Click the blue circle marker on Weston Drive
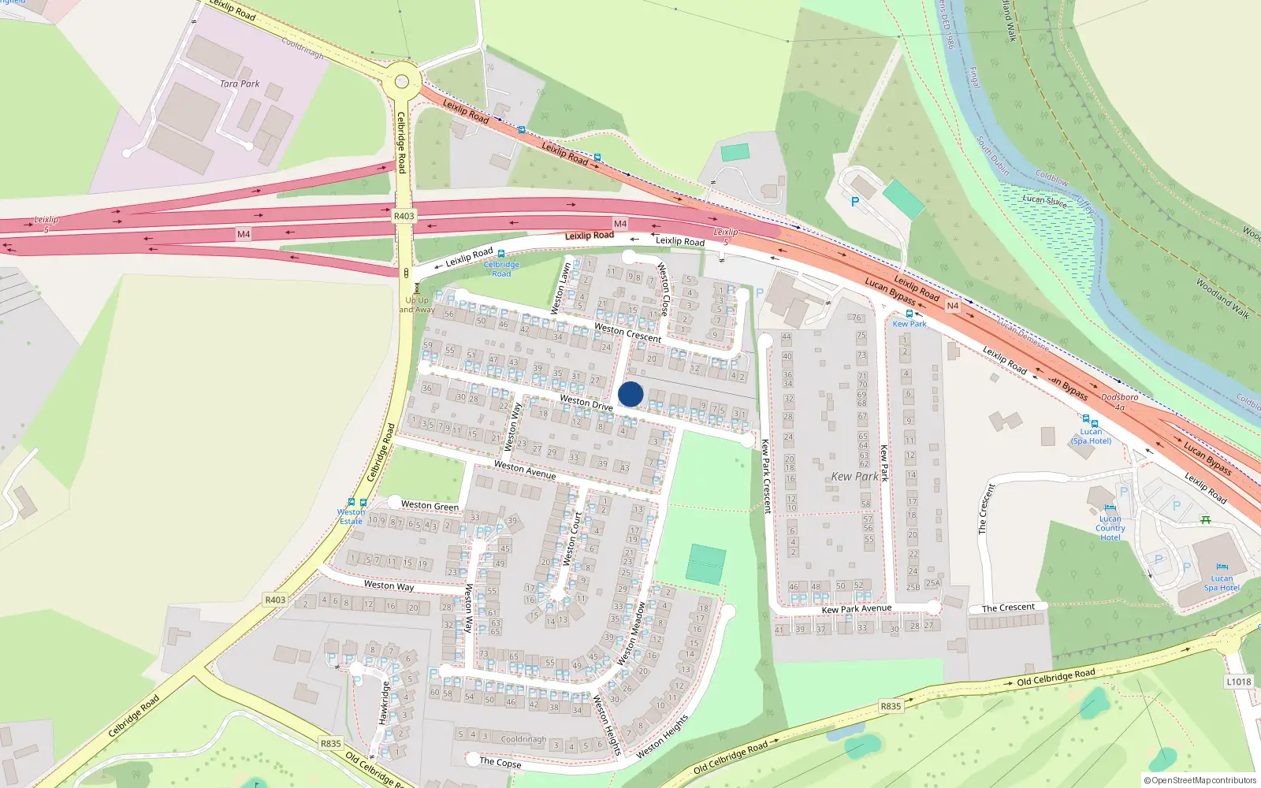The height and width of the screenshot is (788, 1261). coord(630,394)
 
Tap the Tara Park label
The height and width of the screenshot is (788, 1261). coord(240,84)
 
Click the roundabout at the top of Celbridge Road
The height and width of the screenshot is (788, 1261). coord(402,80)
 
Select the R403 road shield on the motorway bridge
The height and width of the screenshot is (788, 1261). coord(404,216)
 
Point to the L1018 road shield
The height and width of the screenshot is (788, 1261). coord(1238,682)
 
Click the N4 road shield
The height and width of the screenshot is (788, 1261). coord(952,306)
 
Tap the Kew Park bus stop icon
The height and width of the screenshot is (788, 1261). coord(909,314)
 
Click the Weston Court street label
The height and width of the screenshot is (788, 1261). coord(572,538)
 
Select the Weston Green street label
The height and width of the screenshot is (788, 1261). coord(430,505)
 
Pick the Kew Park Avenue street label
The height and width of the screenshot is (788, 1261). coord(856,608)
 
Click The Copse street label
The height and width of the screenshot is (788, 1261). coord(500,762)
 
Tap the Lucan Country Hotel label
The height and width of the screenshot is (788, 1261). coord(1110,528)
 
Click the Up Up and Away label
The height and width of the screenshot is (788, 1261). coord(417,305)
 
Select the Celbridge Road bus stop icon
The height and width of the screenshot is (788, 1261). coord(501,254)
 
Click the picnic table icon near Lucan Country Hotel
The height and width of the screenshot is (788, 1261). coord(1205,519)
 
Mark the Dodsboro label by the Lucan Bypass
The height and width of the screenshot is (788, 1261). coord(1119,397)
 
